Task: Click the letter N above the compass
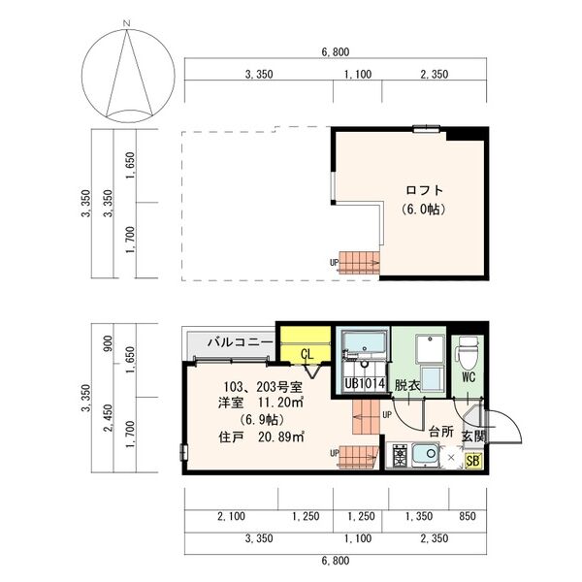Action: click(127, 23)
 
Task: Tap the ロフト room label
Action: click(425, 190)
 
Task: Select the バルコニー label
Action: click(241, 341)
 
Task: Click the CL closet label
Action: click(307, 354)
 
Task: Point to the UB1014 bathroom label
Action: click(365, 383)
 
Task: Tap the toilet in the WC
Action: click(469, 353)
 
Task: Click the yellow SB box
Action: click(473, 461)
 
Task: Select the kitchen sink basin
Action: click(426, 455)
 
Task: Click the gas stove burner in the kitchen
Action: click(400, 456)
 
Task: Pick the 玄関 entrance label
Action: click(473, 436)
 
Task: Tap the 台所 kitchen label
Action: click(441, 432)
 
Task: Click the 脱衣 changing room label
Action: click(407, 385)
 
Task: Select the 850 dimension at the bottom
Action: click(467, 516)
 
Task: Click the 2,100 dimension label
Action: click(231, 516)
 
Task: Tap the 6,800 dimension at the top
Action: click(336, 52)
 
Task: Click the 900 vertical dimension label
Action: click(108, 343)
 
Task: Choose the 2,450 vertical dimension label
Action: click(108, 418)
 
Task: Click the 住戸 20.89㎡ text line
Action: click(262, 437)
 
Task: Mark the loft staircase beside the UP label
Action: click(359, 263)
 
